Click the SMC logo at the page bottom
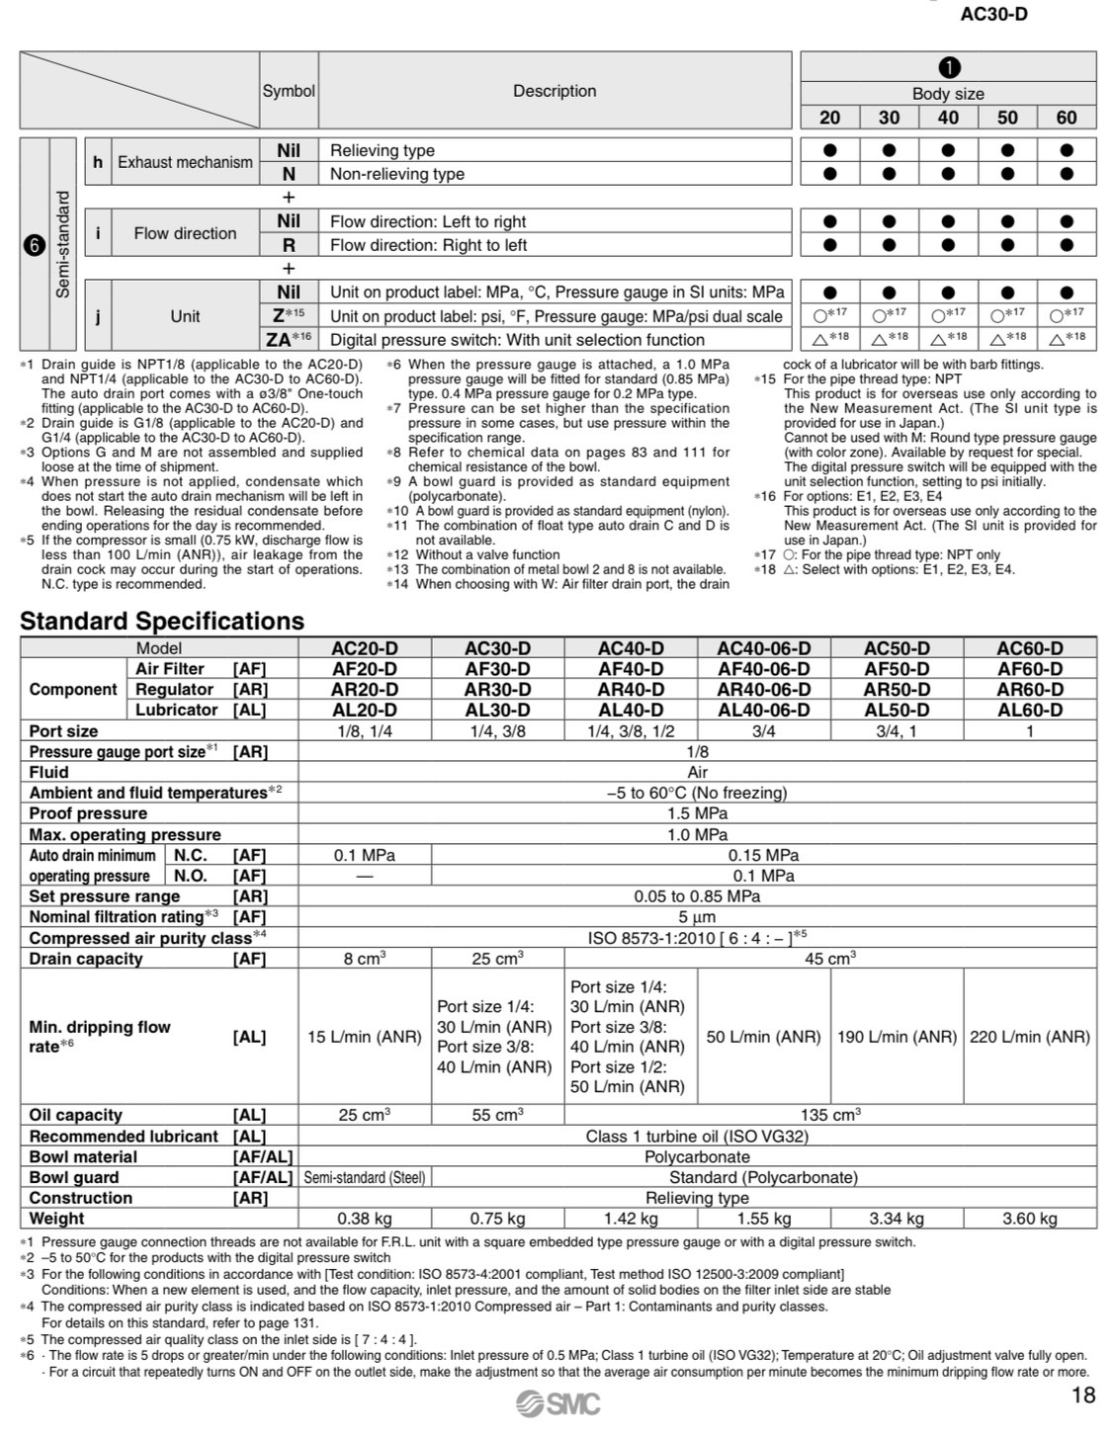(x=557, y=1402)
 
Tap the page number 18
(x=1083, y=1395)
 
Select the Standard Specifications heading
(x=162, y=621)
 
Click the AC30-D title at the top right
(x=993, y=15)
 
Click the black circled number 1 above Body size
(x=948, y=68)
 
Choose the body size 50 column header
(x=1007, y=118)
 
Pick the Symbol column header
(x=289, y=91)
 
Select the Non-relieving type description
(x=397, y=174)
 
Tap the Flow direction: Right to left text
(x=428, y=245)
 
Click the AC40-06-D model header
(x=763, y=648)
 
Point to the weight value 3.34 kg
(x=897, y=1219)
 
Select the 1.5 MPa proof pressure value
(x=697, y=813)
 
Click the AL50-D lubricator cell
(x=897, y=710)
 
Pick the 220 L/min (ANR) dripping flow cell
(x=1029, y=1037)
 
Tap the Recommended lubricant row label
(x=124, y=1137)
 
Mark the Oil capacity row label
(x=76, y=1115)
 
